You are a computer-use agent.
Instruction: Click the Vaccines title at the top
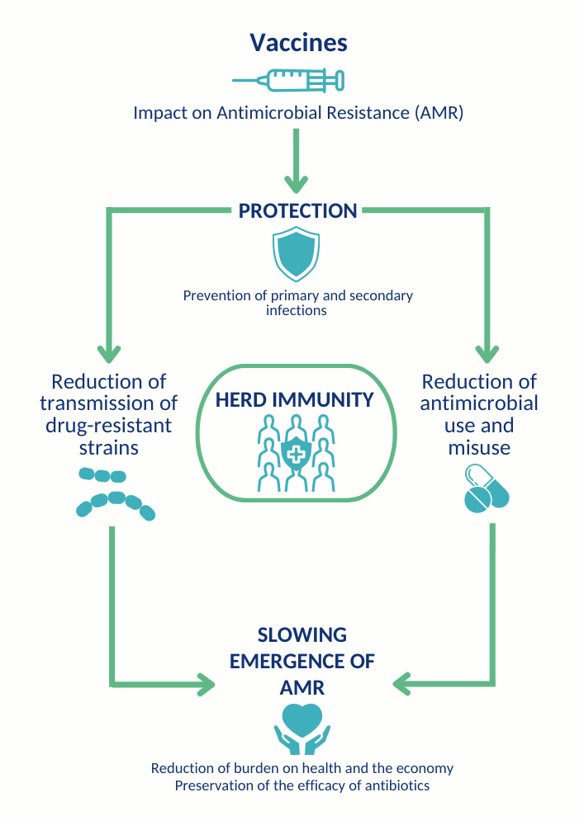(298, 42)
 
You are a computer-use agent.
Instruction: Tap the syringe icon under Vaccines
(288, 80)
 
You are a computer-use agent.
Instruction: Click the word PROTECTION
(297, 211)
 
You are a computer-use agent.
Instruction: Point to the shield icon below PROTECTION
(296, 253)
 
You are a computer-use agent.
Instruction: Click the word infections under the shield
(297, 311)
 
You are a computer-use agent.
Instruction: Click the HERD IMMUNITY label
(295, 400)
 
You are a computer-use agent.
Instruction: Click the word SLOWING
(301, 635)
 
